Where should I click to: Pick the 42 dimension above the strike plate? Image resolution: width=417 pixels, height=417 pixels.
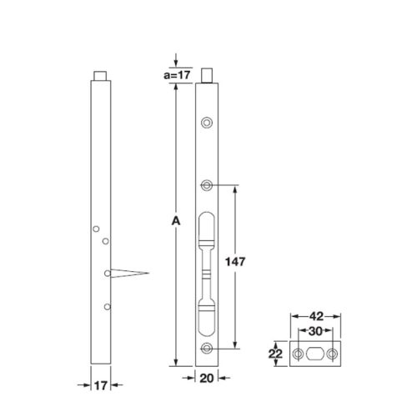point(315,318)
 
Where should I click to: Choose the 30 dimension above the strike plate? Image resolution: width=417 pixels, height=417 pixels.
point(315,331)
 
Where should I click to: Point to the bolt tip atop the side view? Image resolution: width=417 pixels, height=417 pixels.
point(100,75)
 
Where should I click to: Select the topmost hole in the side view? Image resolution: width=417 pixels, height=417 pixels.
point(97,229)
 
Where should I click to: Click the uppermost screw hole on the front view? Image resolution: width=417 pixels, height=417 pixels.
point(206,123)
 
